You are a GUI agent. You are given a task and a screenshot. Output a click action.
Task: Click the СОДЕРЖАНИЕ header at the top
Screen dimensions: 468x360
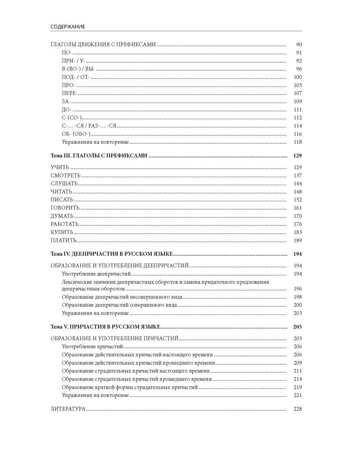(68, 27)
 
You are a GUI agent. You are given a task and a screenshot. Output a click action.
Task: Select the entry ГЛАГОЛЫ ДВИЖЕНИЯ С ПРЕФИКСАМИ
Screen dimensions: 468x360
(103, 45)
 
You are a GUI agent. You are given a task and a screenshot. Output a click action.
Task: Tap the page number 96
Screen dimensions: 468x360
(299, 69)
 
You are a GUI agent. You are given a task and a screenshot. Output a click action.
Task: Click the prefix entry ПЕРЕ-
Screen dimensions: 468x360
(69, 94)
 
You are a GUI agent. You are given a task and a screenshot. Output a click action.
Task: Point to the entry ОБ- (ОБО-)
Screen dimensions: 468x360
(76, 134)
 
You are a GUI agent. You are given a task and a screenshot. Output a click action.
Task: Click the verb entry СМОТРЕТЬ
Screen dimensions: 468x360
(66, 176)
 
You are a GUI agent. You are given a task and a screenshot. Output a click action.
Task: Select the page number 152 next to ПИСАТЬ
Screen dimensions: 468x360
(297, 200)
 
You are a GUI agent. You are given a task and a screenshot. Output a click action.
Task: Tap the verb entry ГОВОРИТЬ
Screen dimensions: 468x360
(65, 208)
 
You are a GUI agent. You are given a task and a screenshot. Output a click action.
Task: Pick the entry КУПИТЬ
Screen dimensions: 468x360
(62, 232)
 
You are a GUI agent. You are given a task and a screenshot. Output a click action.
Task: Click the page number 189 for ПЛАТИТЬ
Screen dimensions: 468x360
(297, 240)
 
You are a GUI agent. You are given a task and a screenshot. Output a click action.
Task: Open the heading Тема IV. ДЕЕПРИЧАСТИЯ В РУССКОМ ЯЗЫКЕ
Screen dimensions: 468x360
(112, 254)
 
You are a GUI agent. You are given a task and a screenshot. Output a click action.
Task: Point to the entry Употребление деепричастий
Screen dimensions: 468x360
(95, 274)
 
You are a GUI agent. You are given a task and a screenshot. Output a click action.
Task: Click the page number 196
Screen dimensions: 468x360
(297, 289)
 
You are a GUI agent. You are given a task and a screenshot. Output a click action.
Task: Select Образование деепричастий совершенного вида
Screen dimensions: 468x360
(119, 305)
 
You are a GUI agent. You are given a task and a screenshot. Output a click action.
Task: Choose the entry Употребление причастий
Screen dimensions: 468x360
(93, 347)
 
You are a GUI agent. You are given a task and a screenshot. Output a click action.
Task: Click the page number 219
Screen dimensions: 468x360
(297, 387)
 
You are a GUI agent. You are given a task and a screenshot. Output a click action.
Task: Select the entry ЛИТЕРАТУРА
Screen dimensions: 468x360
(68, 409)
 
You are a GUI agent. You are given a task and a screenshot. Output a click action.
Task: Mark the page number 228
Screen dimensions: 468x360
(297, 409)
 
